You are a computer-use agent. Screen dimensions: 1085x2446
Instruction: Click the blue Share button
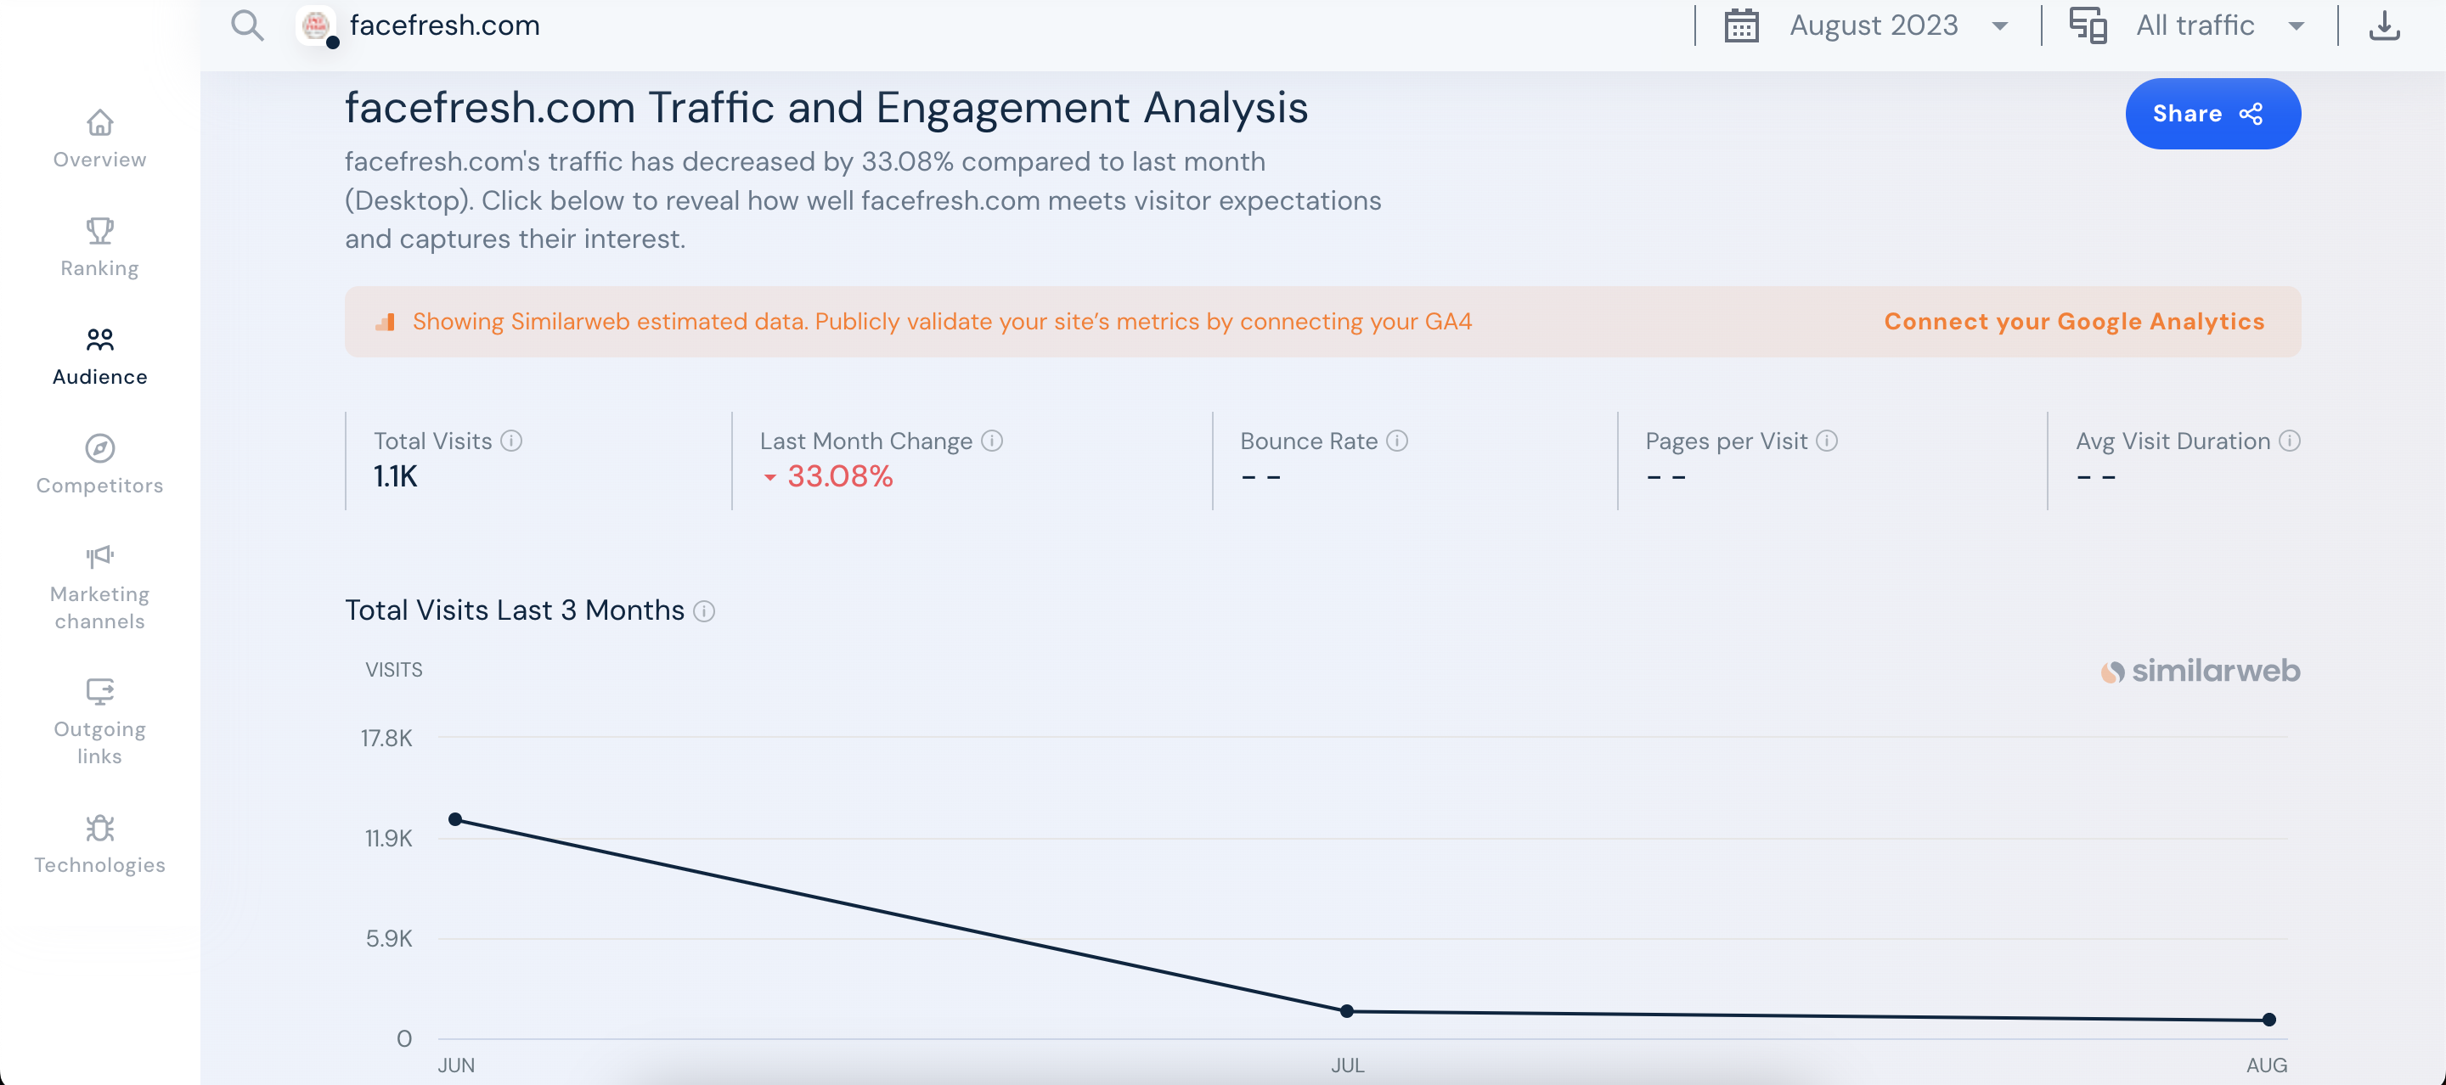click(x=2212, y=114)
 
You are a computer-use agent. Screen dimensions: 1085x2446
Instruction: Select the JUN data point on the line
click(x=456, y=819)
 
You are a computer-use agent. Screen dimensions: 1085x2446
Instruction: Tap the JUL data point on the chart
click(x=1346, y=1011)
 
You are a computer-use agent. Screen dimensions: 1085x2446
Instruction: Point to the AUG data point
click(x=2268, y=1020)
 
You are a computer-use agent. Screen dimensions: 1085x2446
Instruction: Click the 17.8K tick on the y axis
click(x=386, y=738)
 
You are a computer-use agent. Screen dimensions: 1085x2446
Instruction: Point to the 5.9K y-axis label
click(x=389, y=939)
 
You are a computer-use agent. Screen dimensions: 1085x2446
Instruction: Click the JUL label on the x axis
click(x=1346, y=1065)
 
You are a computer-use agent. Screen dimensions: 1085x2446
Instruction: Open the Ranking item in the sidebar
click(x=99, y=247)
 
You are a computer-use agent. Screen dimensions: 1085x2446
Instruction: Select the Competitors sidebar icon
click(x=99, y=448)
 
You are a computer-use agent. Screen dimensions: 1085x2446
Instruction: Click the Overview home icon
click(x=99, y=123)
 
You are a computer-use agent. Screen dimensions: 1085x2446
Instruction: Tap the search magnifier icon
click(x=247, y=25)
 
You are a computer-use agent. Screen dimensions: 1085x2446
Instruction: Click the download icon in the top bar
click(x=2383, y=25)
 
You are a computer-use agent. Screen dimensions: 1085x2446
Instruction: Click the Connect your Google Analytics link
click(x=2074, y=322)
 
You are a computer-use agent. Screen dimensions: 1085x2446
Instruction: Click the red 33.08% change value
click(x=839, y=476)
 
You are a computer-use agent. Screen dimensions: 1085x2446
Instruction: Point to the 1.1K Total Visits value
click(x=395, y=476)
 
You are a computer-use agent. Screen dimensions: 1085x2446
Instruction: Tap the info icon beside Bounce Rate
click(x=1397, y=441)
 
